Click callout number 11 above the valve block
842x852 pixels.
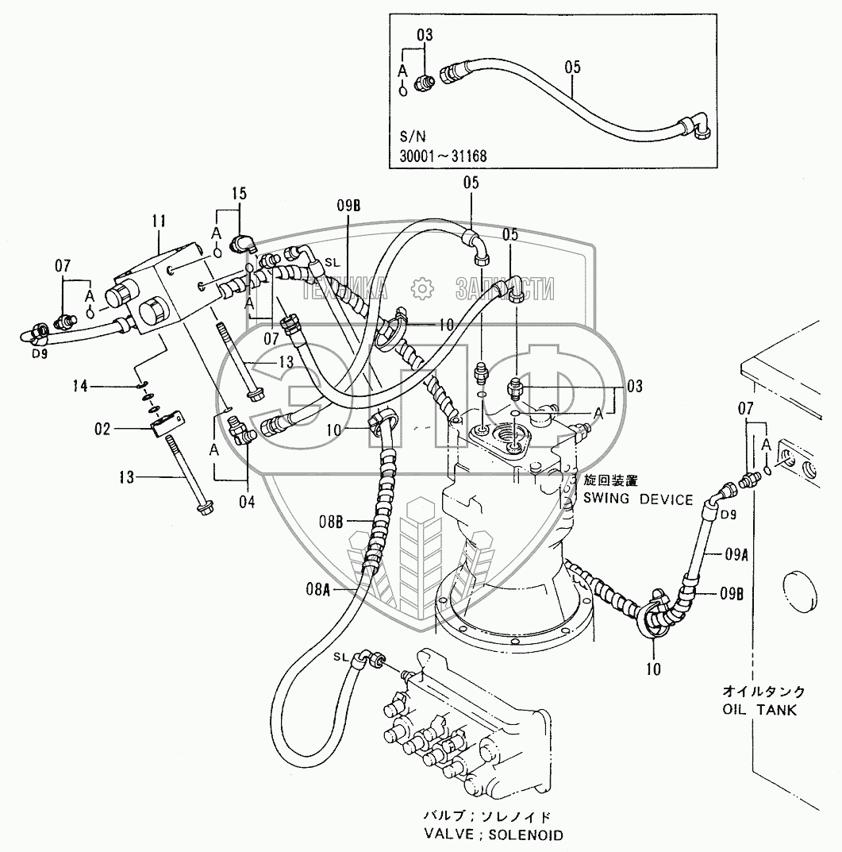click(x=159, y=222)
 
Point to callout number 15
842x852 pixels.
click(x=240, y=193)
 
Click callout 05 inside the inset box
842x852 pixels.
click(x=572, y=67)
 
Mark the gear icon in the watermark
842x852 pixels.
click(x=423, y=287)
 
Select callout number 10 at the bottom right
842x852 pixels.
click(x=653, y=669)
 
